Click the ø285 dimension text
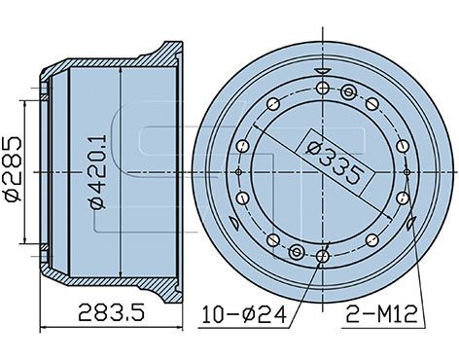pyautogui.click(x=14, y=168)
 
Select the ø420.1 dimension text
pyautogui.click(x=98, y=171)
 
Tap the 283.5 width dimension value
pyautogui.click(x=112, y=312)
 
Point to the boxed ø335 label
pyautogui.click(x=334, y=162)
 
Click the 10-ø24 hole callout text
pyautogui.click(x=244, y=314)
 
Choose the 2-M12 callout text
pyautogui.click(x=382, y=314)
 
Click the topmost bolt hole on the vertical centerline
pyautogui.click(x=323, y=88)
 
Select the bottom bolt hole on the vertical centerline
pyautogui.click(x=323, y=257)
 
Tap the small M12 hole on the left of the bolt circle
pyautogui.click(x=239, y=172)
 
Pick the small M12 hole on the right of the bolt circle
pyautogui.click(x=406, y=172)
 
